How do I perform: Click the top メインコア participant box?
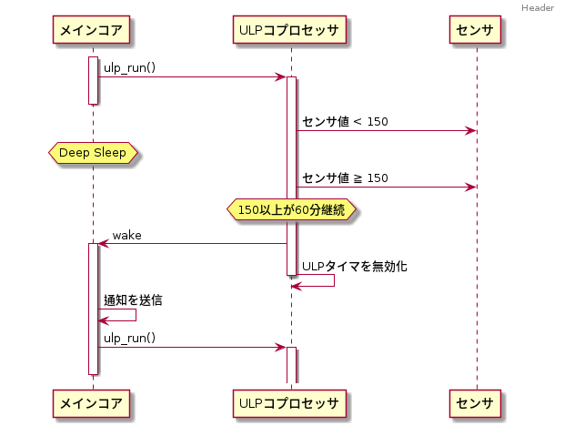coord(93,31)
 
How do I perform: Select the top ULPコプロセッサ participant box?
coord(290,31)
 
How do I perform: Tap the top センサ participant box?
coord(476,31)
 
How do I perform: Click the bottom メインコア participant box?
coord(93,401)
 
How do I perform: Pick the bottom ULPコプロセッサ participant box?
coord(290,401)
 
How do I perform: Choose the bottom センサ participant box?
coord(476,401)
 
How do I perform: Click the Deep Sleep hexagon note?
coord(93,153)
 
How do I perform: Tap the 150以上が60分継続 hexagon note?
coord(290,210)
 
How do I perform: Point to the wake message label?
coord(126,236)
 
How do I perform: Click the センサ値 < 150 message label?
coord(345,122)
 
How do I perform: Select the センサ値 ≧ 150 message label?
coord(345,178)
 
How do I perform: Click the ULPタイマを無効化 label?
coord(354,267)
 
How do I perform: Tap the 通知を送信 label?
coord(133,299)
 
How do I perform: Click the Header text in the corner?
coord(538,8)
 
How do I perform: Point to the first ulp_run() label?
coord(129,68)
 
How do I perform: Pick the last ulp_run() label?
coord(129,338)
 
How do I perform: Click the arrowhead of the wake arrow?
coord(103,243)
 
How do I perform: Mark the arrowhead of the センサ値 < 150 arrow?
coord(470,130)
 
